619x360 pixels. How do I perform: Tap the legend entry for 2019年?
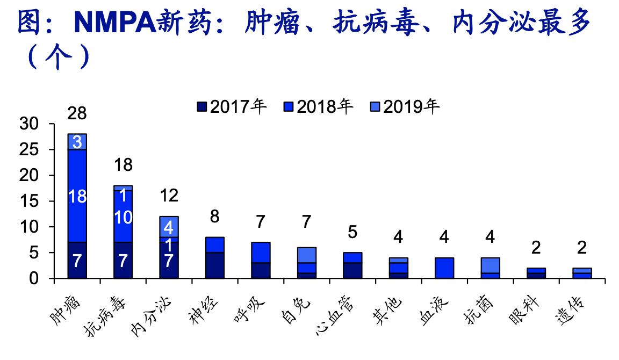tap(405, 107)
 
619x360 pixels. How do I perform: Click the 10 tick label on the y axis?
tap(31, 227)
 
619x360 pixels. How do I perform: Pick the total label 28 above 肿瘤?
tap(77, 113)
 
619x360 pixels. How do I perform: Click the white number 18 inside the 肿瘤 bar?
tap(77, 197)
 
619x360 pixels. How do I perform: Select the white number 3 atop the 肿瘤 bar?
tap(77, 142)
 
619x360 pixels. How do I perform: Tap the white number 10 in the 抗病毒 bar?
tap(124, 218)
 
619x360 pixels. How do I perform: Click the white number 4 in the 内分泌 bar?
tap(169, 227)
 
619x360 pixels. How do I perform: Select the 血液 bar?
tap(444, 268)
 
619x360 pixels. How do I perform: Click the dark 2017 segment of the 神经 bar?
tap(215, 265)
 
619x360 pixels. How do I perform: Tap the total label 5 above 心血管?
tap(352, 232)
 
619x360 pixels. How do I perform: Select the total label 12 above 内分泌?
tap(169, 196)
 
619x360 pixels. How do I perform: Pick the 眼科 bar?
tap(536, 273)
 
